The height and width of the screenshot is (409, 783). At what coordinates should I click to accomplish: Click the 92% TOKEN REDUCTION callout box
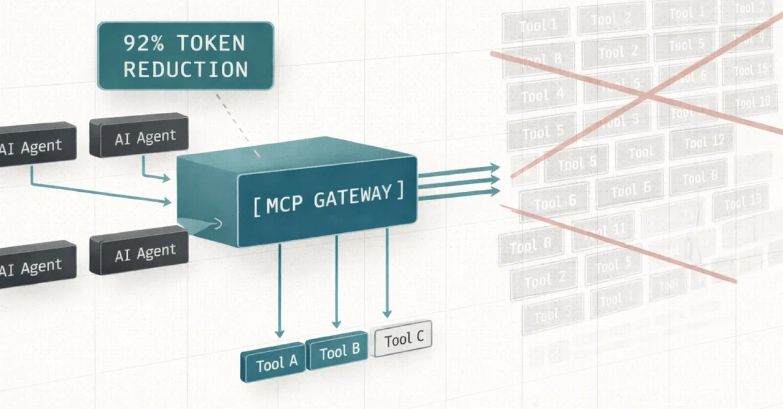point(185,55)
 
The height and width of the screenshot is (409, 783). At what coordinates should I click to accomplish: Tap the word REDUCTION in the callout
point(185,69)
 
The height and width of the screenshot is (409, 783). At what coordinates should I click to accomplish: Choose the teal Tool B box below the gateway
point(339,352)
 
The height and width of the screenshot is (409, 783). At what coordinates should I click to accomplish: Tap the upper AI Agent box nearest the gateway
point(139,138)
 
